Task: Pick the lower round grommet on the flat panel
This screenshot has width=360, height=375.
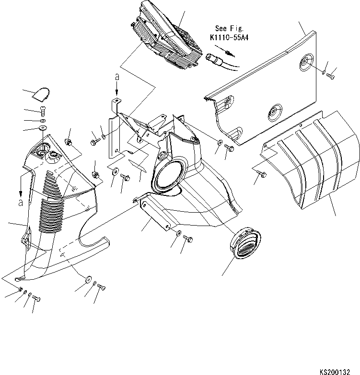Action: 275,111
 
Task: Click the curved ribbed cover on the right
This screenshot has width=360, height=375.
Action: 316,163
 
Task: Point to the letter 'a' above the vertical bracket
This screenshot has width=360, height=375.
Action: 116,77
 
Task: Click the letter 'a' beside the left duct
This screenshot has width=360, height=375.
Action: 21,203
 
